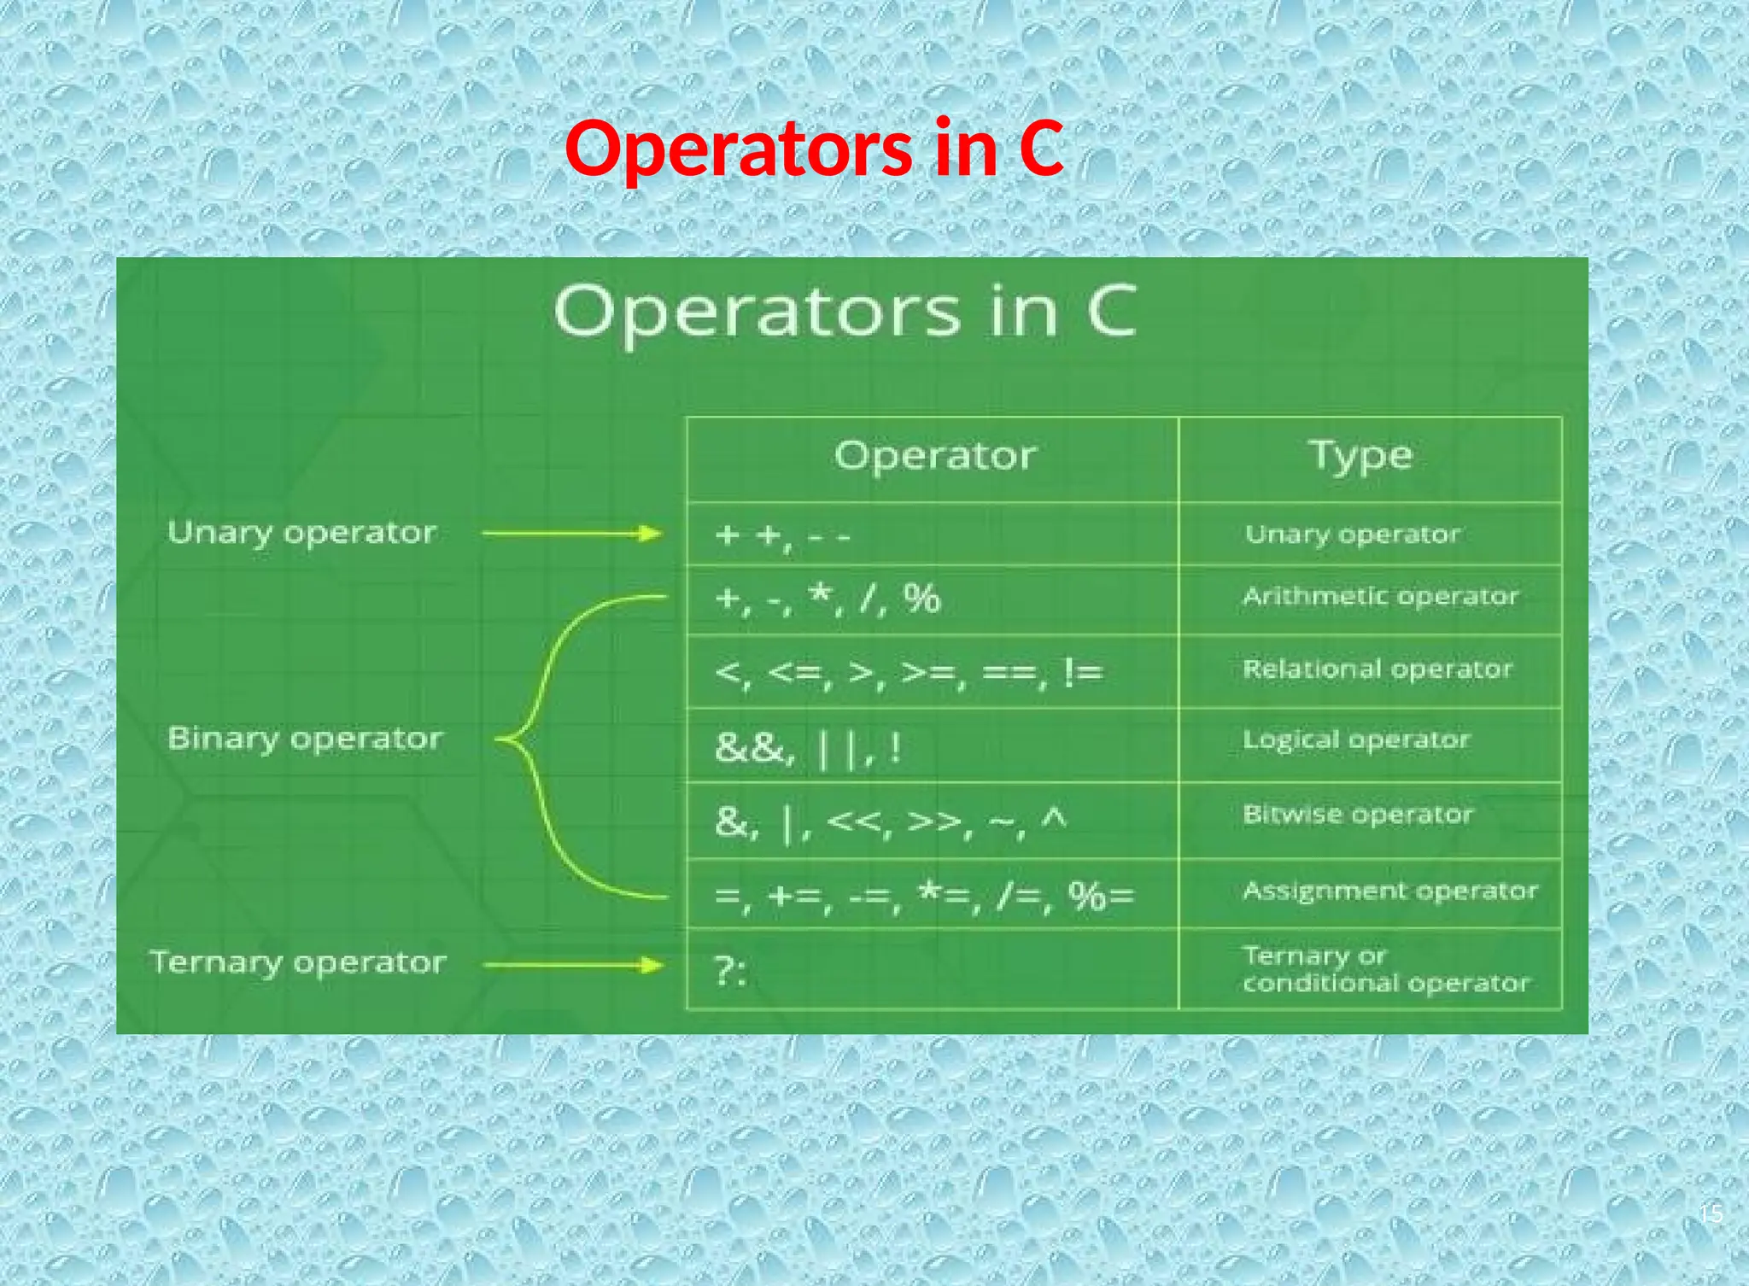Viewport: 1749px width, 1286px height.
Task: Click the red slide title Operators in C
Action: coord(814,149)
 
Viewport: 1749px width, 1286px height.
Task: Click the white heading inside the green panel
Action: coord(845,313)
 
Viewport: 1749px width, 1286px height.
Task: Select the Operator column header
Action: coord(935,456)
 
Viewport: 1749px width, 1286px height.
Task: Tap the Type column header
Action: coord(1360,456)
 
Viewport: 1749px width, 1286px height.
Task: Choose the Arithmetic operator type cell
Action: coord(1380,596)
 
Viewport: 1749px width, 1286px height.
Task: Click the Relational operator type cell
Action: coord(1377,669)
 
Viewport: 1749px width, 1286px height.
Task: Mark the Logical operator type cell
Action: coord(1356,739)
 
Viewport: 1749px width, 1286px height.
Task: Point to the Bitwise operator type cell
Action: coord(1358,815)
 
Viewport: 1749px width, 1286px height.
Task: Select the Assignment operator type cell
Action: coord(1389,891)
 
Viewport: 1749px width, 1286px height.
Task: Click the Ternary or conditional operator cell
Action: coord(1385,969)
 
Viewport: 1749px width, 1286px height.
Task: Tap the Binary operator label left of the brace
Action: coord(305,739)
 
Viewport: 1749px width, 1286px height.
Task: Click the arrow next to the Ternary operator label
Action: coord(572,966)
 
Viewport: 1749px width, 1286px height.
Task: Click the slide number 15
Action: coord(1711,1213)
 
